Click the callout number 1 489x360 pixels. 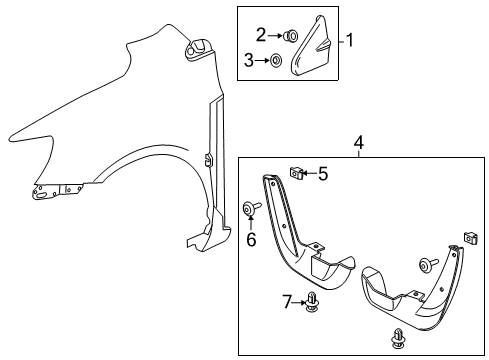click(350, 41)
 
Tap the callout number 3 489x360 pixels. click(248, 61)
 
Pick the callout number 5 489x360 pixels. click(323, 175)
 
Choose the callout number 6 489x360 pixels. click(252, 239)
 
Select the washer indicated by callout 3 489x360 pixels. click(276, 62)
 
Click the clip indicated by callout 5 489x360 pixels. click(297, 176)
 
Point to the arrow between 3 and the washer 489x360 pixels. click(262, 62)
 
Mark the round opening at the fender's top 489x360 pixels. click(195, 46)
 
